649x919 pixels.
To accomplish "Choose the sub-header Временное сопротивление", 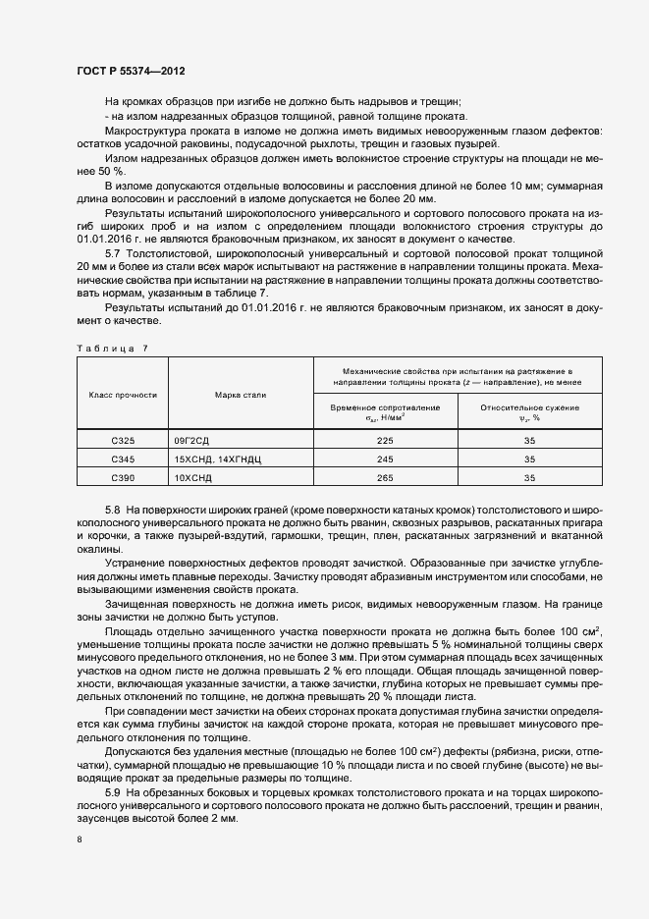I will [384, 411].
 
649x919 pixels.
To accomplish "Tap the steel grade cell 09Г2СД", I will [193, 441].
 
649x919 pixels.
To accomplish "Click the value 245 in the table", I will [384, 459].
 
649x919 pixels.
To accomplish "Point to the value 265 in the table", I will [384, 477].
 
